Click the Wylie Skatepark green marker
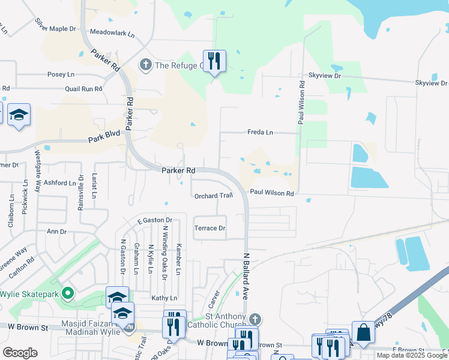pyautogui.click(x=68, y=294)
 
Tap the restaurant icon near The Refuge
pyautogui.click(x=214, y=61)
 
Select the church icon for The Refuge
pyautogui.click(x=145, y=64)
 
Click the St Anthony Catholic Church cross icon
pyautogui.click(x=256, y=318)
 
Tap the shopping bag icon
pyautogui.click(x=363, y=332)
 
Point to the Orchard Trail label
pyautogui.click(x=213, y=196)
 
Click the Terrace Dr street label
pyautogui.click(x=209, y=228)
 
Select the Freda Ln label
pyautogui.click(x=260, y=132)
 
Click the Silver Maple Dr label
pyautogui.click(x=56, y=25)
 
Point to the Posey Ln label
pyautogui.click(x=61, y=74)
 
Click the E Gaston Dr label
pyautogui.click(x=154, y=220)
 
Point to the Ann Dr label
pyautogui.click(x=56, y=231)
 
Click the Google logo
pyautogui.click(x=20, y=352)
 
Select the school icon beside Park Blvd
pyautogui.click(x=19, y=115)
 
